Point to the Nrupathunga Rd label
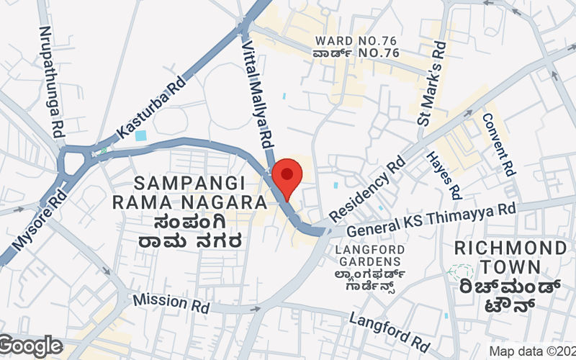click(49, 81)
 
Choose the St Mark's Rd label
click(433, 83)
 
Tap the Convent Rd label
click(498, 145)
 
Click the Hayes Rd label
click(444, 176)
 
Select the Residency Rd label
click(366, 190)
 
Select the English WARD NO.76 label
click(356, 40)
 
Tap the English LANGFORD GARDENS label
click(368, 255)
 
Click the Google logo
click(32, 346)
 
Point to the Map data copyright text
click(531, 352)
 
